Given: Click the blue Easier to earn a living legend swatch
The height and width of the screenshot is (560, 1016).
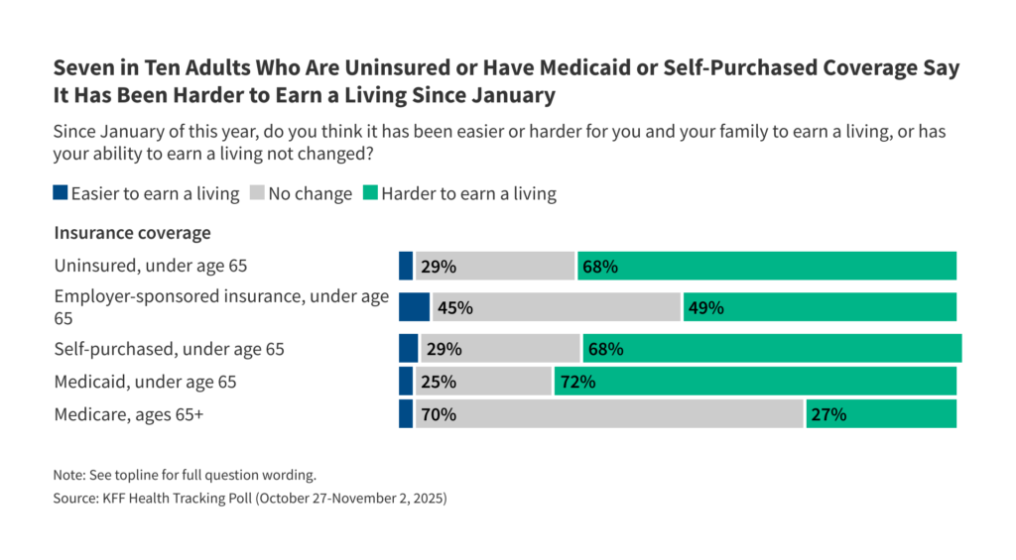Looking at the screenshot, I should click(61, 194).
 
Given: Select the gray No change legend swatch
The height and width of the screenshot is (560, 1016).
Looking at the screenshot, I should click(258, 194).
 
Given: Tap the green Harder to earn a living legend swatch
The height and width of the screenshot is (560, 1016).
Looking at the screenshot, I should click(370, 194).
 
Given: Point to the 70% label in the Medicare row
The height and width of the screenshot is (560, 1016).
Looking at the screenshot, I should click(439, 414).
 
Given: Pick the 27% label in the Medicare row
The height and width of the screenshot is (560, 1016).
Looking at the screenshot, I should click(828, 414).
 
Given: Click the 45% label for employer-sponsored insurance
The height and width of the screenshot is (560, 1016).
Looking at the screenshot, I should click(454, 307).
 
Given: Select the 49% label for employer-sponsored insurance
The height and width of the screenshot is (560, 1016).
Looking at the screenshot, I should click(705, 307).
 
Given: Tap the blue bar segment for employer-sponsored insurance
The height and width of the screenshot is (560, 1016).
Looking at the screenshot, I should click(414, 307).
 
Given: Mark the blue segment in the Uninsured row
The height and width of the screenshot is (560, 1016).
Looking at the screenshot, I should click(405, 267).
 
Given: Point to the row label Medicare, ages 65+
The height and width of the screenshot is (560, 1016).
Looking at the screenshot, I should click(129, 414).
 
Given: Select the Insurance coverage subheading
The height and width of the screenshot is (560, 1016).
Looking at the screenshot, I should click(132, 233).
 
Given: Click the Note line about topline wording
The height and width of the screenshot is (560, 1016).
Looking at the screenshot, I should click(185, 475).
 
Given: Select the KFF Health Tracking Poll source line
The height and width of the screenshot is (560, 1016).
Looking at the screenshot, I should click(250, 499).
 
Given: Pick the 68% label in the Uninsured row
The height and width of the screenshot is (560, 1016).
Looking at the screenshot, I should click(601, 267).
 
